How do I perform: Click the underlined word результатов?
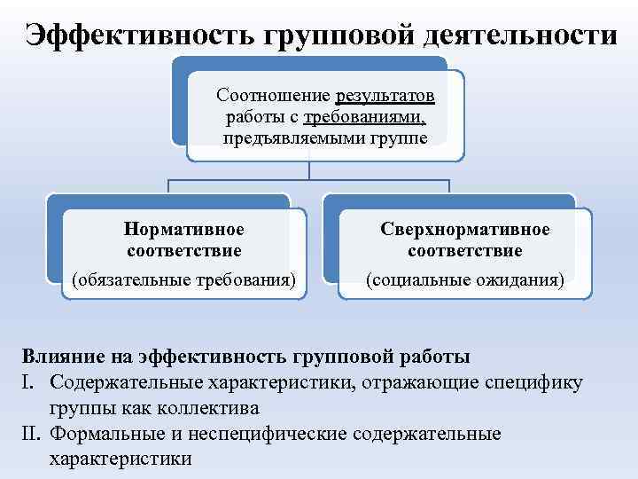click(386, 96)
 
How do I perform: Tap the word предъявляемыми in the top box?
click(284, 138)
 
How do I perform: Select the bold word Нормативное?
click(184, 230)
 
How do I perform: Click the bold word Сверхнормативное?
click(465, 230)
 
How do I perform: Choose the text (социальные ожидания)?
click(465, 281)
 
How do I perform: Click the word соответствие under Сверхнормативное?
click(465, 251)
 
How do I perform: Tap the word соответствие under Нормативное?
click(184, 251)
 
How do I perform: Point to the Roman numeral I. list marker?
click(27, 383)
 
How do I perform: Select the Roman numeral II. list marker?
click(30, 435)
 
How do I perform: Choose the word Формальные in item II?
click(107, 435)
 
